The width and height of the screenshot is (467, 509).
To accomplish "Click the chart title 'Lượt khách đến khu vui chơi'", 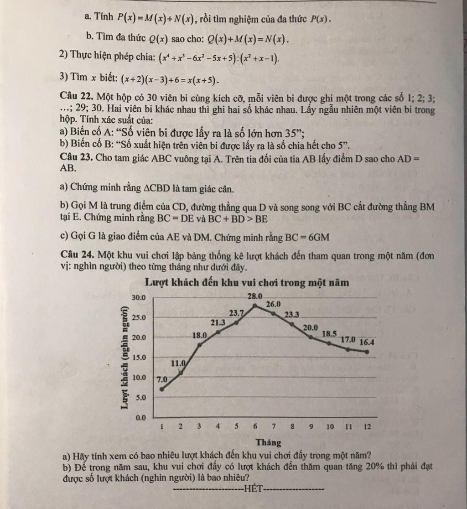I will [247, 283].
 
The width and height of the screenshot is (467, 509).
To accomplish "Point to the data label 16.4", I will [367, 342].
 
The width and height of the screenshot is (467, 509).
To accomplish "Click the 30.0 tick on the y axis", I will [138, 297].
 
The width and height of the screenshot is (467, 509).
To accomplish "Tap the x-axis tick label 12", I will [367, 427].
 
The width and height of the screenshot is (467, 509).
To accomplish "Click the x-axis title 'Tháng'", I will [269, 442].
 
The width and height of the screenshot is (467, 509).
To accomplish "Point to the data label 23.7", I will [236, 313].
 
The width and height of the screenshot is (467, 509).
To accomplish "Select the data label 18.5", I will [329, 333].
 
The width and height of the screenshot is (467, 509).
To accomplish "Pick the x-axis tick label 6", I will [255, 427].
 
